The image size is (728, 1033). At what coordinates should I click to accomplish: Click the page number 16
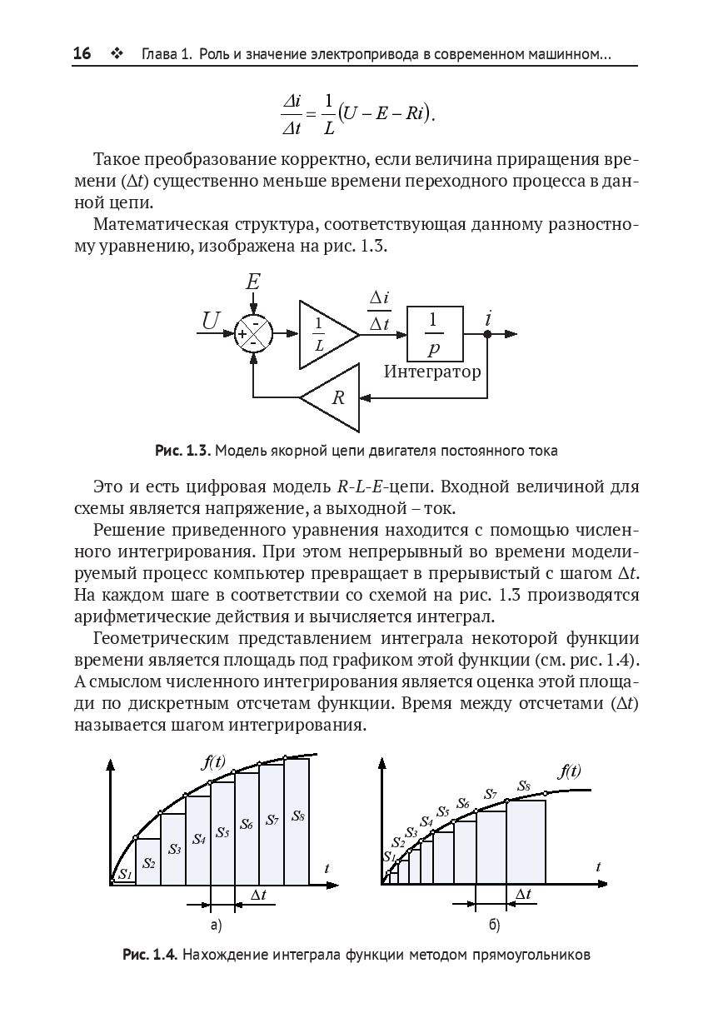click(x=82, y=54)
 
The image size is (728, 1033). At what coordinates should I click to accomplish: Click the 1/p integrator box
click(x=435, y=333)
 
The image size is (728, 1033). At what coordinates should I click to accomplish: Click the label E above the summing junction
click(x=253, y=282)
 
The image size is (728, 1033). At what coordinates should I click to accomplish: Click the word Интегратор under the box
click(x=432, y=372)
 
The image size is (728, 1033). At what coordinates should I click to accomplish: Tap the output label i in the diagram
click(x=487, y=317)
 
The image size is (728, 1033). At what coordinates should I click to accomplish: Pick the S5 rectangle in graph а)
click(x=222, y=833)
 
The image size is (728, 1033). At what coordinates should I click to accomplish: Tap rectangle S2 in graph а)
click(x=148, y=862)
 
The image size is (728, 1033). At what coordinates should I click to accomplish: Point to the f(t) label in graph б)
click(x=569, y=771)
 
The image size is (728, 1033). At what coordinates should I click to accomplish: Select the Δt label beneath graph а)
click(x=258, y=895)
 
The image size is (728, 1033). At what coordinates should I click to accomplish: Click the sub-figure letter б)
click(x=494, y=925)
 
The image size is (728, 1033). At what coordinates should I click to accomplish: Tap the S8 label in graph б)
click(x=524, y=786)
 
